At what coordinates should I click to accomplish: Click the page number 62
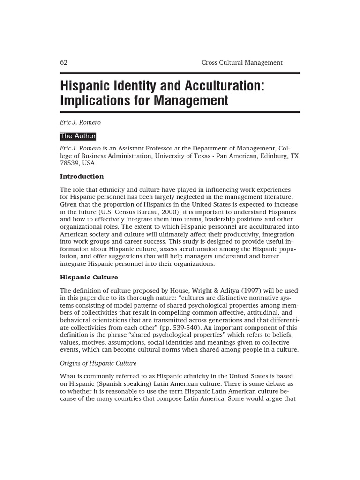(64, 62)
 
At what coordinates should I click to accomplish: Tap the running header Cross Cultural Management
(242, 62)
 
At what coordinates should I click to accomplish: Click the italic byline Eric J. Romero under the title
(80, 122)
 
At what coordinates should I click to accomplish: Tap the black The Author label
(78, 136)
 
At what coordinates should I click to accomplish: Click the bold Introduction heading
(82, 177)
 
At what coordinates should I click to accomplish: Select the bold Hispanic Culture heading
(89, 277)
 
